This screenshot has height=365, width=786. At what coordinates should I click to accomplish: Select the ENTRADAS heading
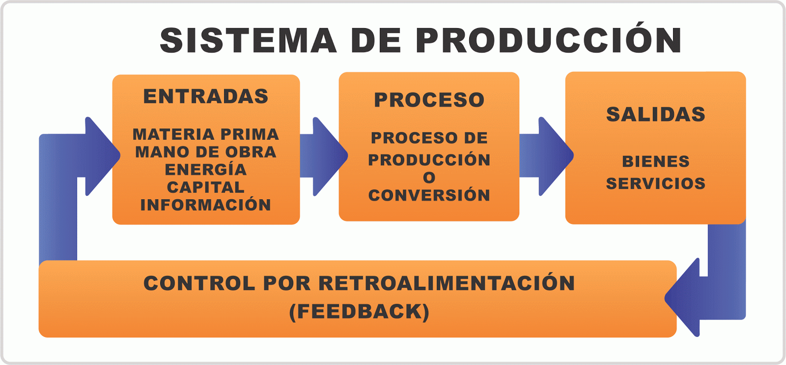[x=206, y=96]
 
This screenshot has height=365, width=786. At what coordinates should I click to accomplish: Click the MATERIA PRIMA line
[x=206, y=134]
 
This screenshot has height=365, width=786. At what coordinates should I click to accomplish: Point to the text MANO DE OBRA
[x=206, y=152]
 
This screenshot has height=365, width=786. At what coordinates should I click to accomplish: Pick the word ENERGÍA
[x=206, y=170]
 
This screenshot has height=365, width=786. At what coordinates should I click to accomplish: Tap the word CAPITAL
[x=206, y=187]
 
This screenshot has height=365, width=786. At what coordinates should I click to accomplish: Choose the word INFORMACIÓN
[x=206, y=205]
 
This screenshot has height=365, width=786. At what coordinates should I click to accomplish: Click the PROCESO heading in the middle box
[x=429, y=100]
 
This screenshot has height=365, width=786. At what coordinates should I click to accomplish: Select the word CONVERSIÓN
[x=429, y=195]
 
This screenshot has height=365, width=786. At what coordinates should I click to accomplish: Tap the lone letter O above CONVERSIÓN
[x=429, y=178]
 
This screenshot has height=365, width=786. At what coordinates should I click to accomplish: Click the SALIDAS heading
[x=655, y=115]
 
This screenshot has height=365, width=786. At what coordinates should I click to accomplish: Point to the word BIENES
[x=655, y=161]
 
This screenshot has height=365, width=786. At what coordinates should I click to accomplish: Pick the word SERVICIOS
[x=655, y=183]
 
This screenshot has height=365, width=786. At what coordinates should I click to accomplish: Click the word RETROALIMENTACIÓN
[x=447, y=283]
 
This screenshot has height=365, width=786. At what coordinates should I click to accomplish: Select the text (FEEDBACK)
[x=359, y=312]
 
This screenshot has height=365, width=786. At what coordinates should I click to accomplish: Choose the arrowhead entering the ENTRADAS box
[x=101, y=156]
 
